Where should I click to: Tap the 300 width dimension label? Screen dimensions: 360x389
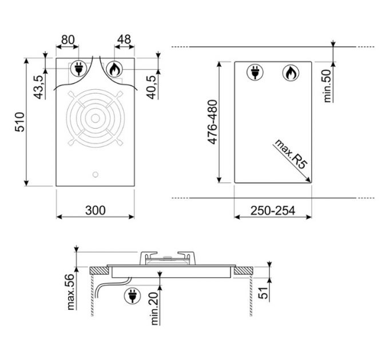click(x=95, y=210)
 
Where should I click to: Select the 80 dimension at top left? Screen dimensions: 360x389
click(x=68, y=39)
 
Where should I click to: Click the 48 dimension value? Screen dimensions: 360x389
click(x=123, y=39)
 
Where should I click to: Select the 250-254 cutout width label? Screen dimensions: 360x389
click(x=273, y=210)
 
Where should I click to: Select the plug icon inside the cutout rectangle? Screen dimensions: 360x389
click(x=254, y=73)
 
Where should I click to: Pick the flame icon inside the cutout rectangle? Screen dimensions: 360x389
click(x=290, y=73)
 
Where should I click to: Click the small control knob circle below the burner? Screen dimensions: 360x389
click(x=95, y=174)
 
